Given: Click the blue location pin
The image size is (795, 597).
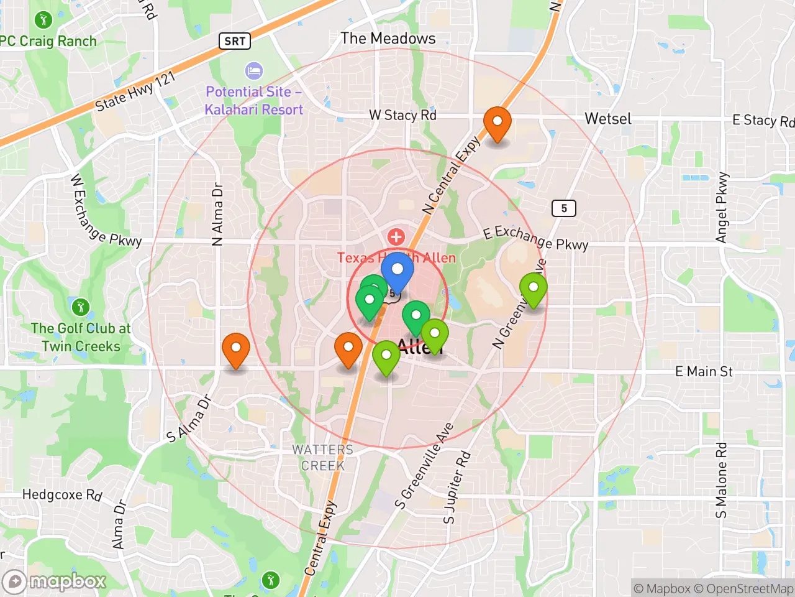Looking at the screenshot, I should click(x=397, y=272).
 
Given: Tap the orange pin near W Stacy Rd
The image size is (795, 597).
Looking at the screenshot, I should click(x=497, y=122).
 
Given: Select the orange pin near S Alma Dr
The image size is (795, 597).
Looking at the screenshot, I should click(x=236, y=349).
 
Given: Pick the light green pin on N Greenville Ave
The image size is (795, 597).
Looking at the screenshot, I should click(x=534, y=288).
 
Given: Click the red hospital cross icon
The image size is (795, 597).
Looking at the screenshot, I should click(x=396, y=237).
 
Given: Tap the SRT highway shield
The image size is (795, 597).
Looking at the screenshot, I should click(x=235, y=41).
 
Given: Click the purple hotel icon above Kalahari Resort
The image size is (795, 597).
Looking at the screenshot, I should click(x=253, y=70).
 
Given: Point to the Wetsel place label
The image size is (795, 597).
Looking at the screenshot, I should click(x=607, y=119).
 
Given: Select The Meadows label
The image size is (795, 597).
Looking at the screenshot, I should click(x=388, y=39).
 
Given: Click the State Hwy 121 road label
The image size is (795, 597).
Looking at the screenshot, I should click(x=135, y=91).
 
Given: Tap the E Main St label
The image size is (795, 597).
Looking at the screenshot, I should click(x=704, y=372).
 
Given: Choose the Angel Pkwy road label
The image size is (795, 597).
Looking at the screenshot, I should click(x=721, y=208).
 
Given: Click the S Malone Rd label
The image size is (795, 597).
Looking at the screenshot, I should click(x=720, y=479).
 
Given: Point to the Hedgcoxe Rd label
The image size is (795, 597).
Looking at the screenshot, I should click(x=62, y=495).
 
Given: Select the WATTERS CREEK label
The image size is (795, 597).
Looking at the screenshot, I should click(x=322, y=457).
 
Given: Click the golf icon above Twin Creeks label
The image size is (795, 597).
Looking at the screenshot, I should click(x=80, y=307).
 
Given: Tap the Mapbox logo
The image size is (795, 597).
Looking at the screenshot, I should click(x=55, y=582).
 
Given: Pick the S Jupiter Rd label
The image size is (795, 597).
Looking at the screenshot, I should click(x=457, y=488).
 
